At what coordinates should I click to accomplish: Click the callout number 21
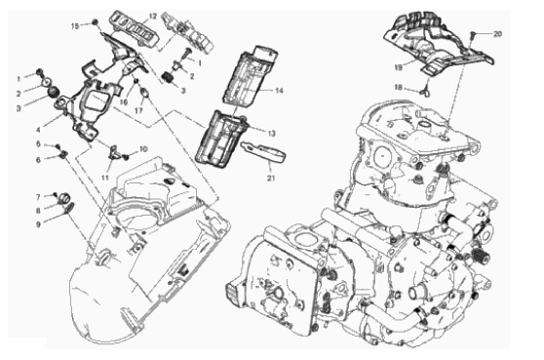point(271,179)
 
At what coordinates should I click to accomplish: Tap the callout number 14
point(279,91)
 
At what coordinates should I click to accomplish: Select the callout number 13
point(271,134)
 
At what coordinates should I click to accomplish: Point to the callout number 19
point(399,67)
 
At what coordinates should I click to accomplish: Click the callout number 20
point(497,34)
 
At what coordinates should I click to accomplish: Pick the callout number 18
point(398,88)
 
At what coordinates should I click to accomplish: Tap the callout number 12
point(153,17)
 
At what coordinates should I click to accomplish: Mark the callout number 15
point(75,26)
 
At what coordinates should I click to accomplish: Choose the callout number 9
point(38,224)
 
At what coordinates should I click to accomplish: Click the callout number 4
point(38,130)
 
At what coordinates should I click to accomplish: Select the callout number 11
point(105,179)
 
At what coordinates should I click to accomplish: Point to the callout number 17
point(138,111)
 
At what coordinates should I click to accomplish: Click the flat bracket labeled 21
point(263,151)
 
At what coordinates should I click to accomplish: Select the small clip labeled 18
point(426,91)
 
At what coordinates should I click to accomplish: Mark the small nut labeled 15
point(95,22)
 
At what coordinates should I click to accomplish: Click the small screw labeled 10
point(126,157)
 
